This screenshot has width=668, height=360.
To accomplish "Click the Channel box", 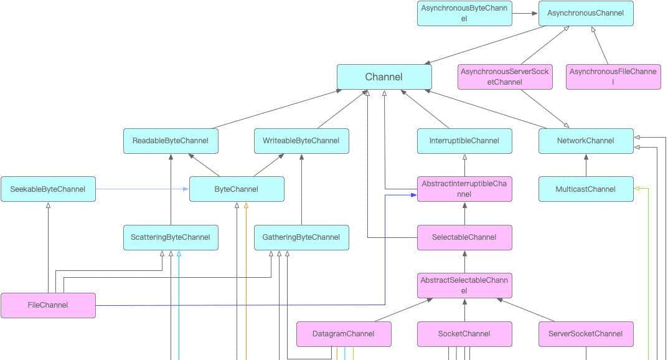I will [384, 77].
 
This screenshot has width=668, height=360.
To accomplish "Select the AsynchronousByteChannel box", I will [465, 13].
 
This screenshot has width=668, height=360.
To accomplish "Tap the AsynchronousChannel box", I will [586, 13].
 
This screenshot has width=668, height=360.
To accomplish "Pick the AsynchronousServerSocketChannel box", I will [505, 77].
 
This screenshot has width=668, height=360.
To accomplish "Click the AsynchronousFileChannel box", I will [613, 77].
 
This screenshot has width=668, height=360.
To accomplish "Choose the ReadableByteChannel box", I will [171, 141].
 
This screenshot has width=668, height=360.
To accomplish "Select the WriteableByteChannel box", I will [301, 141].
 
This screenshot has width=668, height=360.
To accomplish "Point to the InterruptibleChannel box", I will [464, 141].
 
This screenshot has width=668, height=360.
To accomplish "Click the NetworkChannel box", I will [586, 141].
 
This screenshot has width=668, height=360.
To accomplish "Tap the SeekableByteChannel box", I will [48, 189].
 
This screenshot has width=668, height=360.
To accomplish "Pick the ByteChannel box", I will [237, 189].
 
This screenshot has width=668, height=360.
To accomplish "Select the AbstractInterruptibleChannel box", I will [464, 189].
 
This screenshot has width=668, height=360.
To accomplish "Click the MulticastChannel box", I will [586, 189].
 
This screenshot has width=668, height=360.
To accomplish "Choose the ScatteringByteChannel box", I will [171, 237].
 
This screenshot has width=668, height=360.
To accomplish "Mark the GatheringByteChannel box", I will [301, 237].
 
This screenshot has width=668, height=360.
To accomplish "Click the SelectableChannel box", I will [464, 237].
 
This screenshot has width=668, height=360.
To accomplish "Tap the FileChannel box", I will [48, 305].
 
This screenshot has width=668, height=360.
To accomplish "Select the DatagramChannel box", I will [344, 334].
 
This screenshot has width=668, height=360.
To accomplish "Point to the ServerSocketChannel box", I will [586, 334].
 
